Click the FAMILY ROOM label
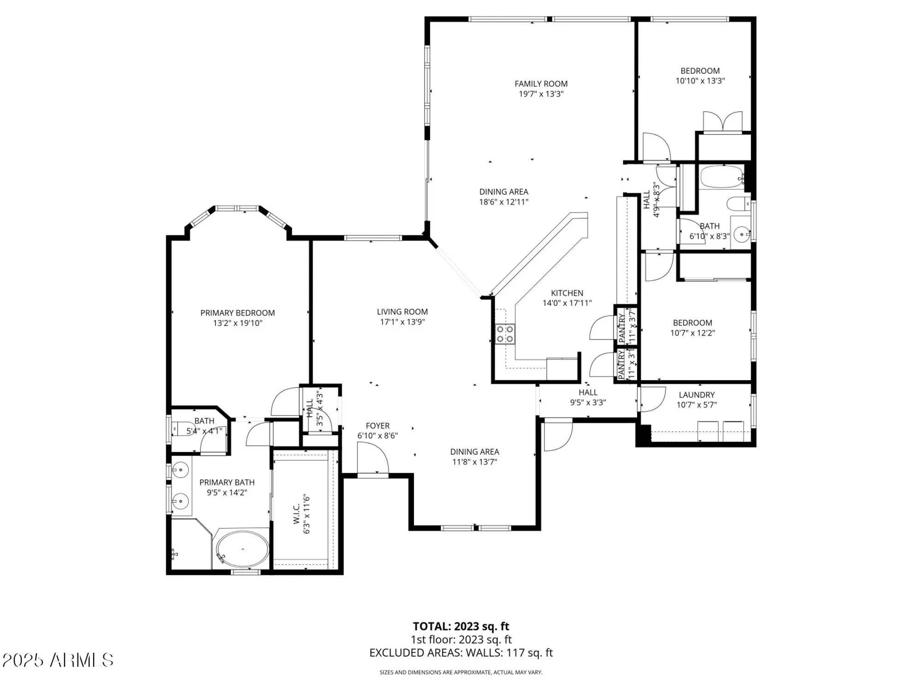[x=541, y=84]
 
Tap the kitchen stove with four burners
[x=505, y=334]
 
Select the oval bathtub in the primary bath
[x=242, y=549]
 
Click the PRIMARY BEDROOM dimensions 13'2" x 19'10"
[x=237, y=323]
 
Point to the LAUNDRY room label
[x=697, y=395]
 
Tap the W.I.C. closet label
[x=296, y=513]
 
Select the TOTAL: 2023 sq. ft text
[x=461, y=626]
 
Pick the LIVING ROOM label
[x=402, y=312]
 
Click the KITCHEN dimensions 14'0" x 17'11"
[x=567, y=303]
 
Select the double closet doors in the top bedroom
[x=722, y=122]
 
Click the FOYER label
[x=378, y=426]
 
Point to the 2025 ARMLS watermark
[x=58, y=660]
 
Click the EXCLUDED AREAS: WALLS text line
[x=461, y=653]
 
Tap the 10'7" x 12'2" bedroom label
[x=692, y=323]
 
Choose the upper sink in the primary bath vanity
[x=180, y=470]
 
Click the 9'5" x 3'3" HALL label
[x=588, y=392]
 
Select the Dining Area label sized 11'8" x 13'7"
[x=474, y=452]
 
